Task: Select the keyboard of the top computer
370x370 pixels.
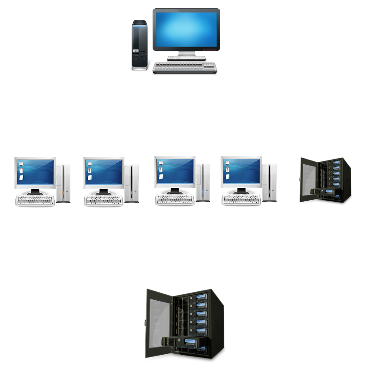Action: (x=185, y=67)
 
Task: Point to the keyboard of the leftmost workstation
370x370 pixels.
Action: (x=36, y=200)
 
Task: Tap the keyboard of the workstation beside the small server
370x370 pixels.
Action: (x=242, y=199)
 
